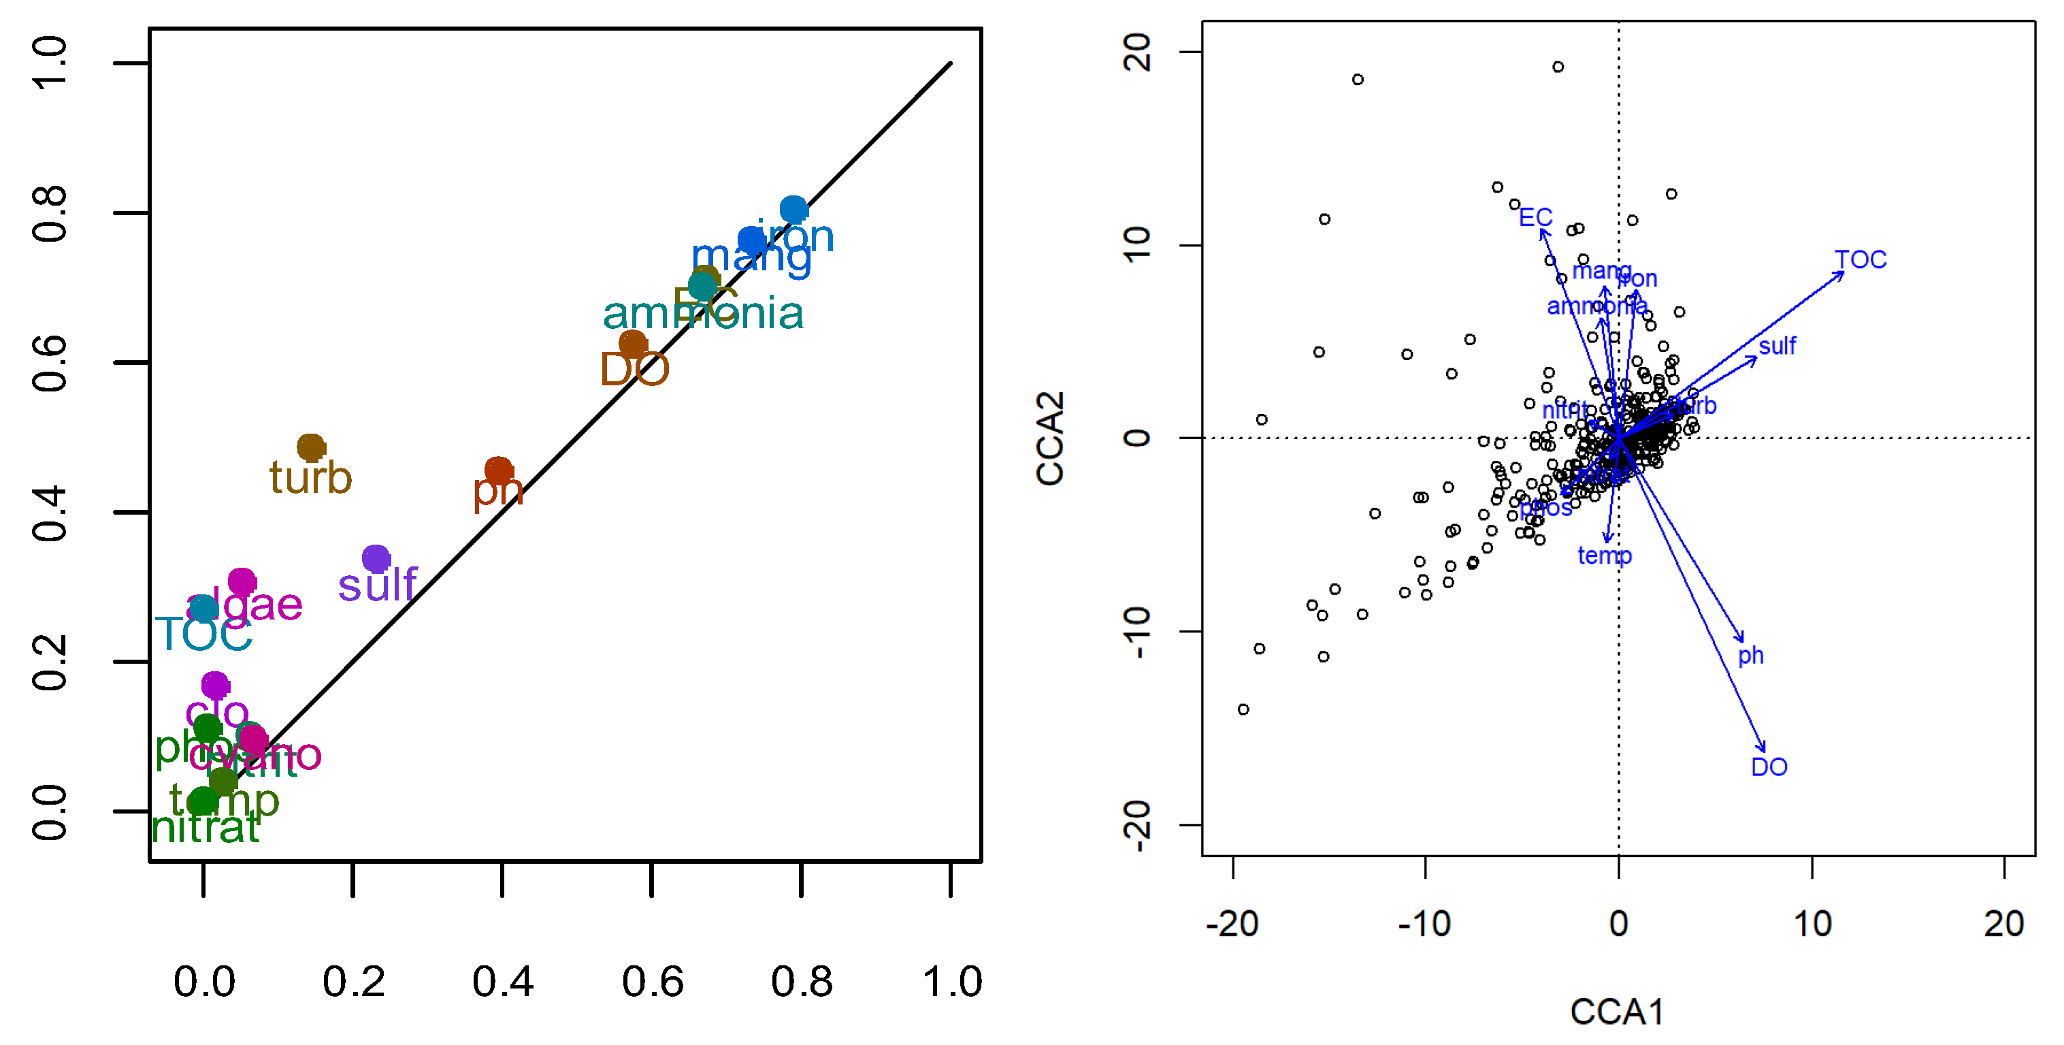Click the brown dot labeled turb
click(311, 447)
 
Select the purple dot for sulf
click(376, 558)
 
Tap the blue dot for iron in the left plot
click(793, 209)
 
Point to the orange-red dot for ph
click(498, 470)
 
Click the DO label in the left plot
click(634, 370)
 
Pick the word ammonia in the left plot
click(703, 313)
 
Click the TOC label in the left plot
click(203, 634)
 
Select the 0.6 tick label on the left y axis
click(50, 363)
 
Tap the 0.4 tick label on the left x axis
click(502, 982)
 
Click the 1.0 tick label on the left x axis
click(952, 982)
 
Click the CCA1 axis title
click(1617, 1012)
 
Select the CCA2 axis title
click(1049, 438)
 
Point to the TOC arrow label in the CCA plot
click(1861, 259)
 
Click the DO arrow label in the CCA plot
click(1769, 767)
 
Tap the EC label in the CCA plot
click(1535, 217)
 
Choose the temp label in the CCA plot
click(1604, 556)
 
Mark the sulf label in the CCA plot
click(1777, 347)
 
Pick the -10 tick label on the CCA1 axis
click(1424, 924)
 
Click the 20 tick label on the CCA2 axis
click(1137, 52)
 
